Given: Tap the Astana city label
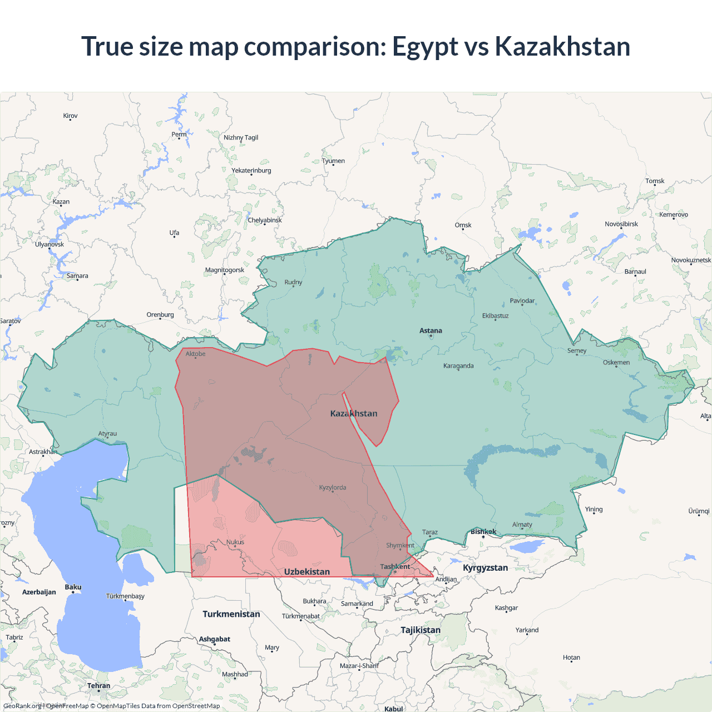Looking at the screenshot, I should [x=431, y=330].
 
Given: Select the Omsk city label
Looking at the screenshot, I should [x=463, y=225].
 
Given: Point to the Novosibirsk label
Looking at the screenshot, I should [x=621, y=224].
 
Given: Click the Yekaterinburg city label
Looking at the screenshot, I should [x=251, y=170].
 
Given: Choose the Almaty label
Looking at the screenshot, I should [x=522, y=525].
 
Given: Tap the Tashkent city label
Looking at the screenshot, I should [x=395, y=566].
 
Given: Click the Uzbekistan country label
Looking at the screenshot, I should [x=306, y=572].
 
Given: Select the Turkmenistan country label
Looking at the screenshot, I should [x=231, y=614].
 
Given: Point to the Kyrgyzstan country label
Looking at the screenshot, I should [x=485, y=568].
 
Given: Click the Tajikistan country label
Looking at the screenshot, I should [x=421, y=630].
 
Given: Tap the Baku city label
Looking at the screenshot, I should [x=73, y=587].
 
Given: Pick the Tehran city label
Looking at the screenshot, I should [x=98, y=686].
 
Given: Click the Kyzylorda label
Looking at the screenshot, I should [x=333, y=488].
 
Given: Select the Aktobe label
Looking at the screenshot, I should [x=195, y=354].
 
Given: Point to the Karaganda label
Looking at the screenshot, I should [x=458, y=366].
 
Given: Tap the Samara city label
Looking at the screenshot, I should [x=77, y=276].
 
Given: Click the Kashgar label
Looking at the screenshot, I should [x=506, y=608].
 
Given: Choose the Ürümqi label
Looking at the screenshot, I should [x=699, y=511].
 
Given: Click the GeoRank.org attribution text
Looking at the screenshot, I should [x=22, y=706].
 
